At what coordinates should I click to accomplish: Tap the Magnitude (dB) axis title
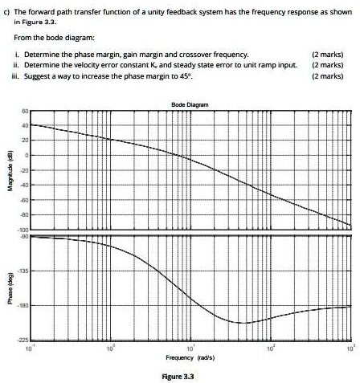[9, 166]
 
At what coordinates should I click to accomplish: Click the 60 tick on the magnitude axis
[25, 111]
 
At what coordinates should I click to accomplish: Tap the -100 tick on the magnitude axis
[23, 230]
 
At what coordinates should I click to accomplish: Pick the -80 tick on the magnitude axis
[24, 214]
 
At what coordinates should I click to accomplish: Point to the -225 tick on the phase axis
[23, 340]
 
